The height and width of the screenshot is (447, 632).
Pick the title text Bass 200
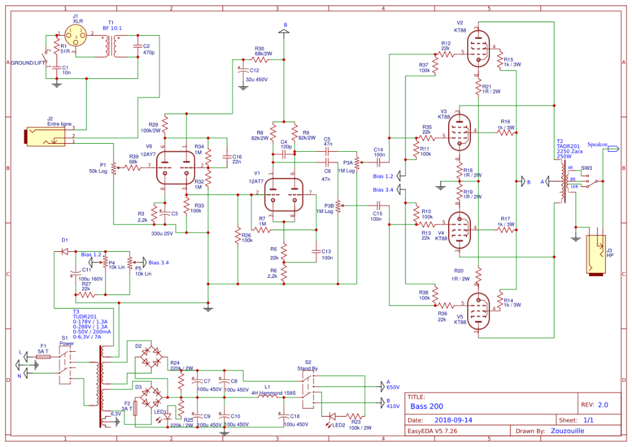426,406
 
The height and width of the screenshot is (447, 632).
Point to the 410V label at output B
393,407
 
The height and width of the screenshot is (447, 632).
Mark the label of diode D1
65,240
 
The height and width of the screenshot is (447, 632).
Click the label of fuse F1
43,346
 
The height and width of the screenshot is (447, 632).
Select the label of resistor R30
260,48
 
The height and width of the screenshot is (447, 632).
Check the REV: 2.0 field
596,405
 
